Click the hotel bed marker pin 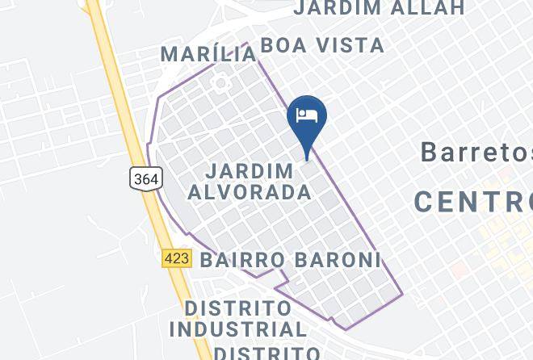point(307,119)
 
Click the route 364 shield point(146,178)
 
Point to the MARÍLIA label point(208,54)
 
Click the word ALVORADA point(258,192)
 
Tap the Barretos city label point(476,151)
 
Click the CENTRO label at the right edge point(473,201)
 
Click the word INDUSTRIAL point(238,329)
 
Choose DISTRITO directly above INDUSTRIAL point(237,308)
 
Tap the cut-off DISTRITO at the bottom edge point(266,353)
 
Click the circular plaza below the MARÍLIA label point(219,83)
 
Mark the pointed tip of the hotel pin point(307,159)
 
